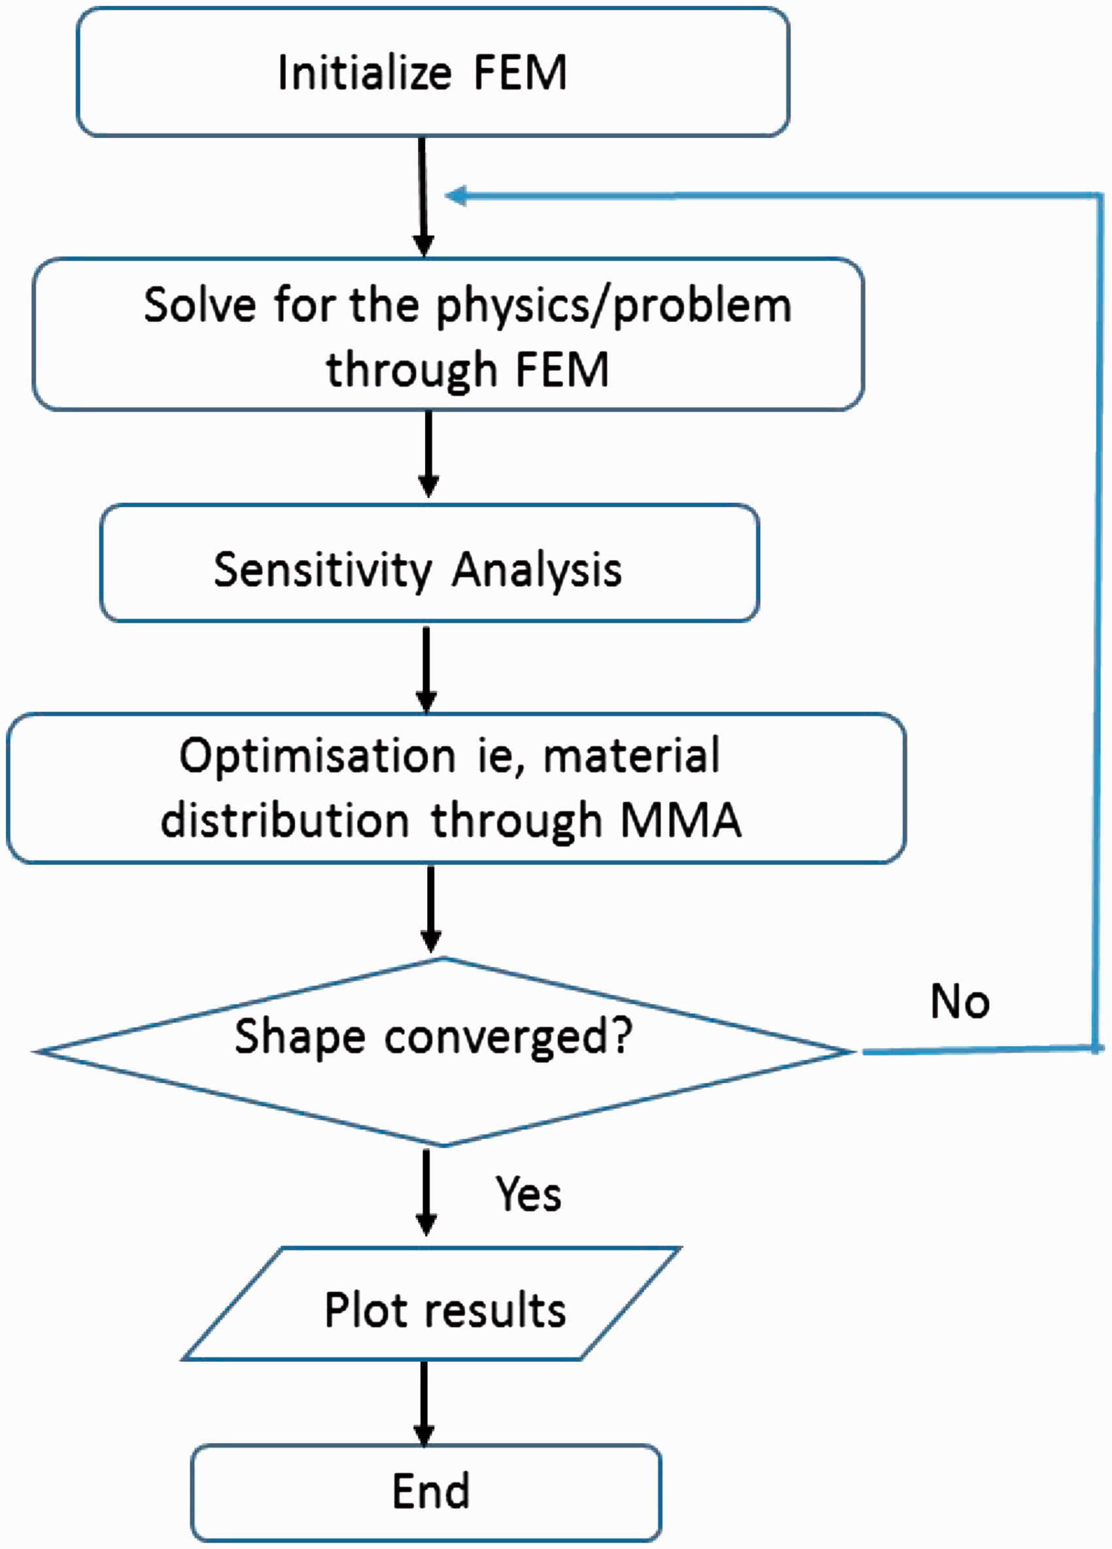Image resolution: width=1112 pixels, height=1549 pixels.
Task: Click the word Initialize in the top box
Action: [364, 73]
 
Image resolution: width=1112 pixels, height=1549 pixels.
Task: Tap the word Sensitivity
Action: [322, 570]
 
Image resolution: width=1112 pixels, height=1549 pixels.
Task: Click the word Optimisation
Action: [318, 757]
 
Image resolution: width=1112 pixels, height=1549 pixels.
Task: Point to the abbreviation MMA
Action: [681, 820]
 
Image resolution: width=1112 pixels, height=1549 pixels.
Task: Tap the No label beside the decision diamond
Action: [960, 1002]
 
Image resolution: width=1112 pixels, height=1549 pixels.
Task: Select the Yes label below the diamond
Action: [528, 1194]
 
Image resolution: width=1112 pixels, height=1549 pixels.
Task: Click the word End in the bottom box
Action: [431, 1491]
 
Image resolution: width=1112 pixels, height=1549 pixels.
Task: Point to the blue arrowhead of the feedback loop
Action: [455, 196]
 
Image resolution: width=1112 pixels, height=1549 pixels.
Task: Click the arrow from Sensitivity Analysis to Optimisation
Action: [426, 670]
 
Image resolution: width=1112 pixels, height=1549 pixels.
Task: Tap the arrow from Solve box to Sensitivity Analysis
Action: [428, 454]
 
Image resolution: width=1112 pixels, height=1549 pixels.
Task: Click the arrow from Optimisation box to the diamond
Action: [430, 909]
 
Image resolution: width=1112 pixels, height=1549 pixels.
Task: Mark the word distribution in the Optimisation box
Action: [285, 820]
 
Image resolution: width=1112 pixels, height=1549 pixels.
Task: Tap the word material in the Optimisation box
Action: [632, 757]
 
